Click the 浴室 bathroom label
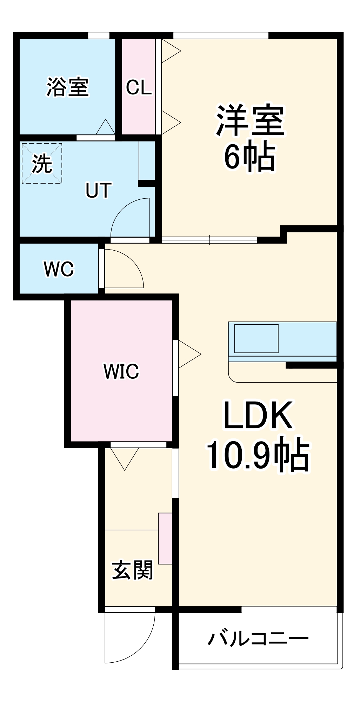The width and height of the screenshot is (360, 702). [x=68, y=87]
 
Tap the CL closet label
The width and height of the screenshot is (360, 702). [x=139, y=87]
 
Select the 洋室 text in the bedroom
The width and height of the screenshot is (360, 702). [x=250, y=120]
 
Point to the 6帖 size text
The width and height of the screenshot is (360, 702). [x=249, y=157]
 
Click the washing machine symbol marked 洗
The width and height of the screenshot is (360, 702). [x=42, y=163]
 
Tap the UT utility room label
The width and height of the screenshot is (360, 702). [x=98, y=190]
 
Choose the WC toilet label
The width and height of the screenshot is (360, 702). [x=59, y=269]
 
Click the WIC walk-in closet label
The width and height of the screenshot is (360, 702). [x=121, y=371]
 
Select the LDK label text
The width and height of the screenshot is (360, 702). [x=258, y=416]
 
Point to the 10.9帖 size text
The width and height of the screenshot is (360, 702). [x=258, y=456]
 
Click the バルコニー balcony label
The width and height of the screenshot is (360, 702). [x=258, y=638]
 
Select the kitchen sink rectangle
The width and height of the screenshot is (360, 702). [x=256, y=338]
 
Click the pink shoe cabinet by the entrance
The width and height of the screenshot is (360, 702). [x=165, y=538]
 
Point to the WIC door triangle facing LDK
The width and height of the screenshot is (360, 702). [x=188, y=354]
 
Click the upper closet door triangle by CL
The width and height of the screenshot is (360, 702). [x=170, y=51]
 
